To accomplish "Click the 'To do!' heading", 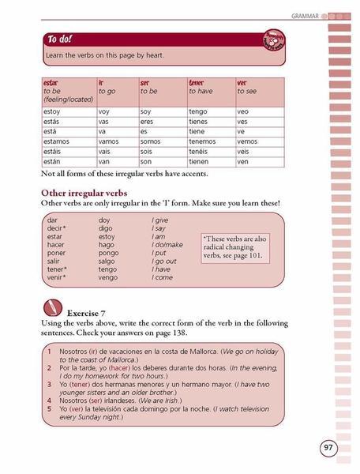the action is click(60, 39).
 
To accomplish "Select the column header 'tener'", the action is click(197, 82).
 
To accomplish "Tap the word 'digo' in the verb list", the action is click(105, 228).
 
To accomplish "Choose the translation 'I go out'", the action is click(165, 261).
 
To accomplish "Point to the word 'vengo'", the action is click(107, 277).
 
